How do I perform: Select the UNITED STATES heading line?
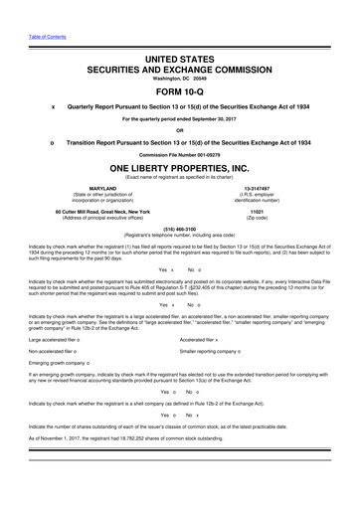click(180, 61)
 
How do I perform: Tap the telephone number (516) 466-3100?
click(180, 227)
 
